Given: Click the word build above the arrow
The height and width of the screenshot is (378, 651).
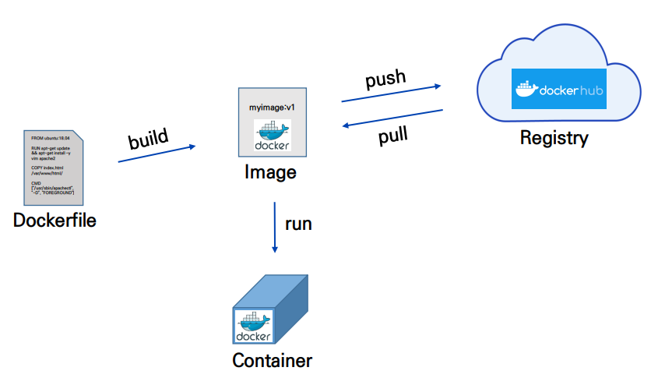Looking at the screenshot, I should tap(148, 139).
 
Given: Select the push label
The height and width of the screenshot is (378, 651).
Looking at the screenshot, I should tap(385, 79).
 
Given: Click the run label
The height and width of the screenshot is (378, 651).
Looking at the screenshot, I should tap(298, 224).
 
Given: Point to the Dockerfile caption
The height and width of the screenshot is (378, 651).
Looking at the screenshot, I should tap(55, 221).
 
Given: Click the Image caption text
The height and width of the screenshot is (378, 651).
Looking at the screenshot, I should tap(271, 171).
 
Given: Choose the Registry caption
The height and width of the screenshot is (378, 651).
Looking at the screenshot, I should tap(554, 139).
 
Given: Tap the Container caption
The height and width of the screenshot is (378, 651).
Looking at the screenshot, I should tap(272, 361).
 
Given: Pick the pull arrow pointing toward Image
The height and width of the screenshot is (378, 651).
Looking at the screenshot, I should tap(392, 120).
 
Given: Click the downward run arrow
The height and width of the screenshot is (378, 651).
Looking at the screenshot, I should tap(274, 226).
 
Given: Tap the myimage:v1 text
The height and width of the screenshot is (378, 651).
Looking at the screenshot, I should tap(271, 107).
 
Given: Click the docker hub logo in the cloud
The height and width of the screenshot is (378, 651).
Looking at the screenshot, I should tap(559, 89).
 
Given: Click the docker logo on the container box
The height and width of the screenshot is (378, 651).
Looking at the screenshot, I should tap(252, 326).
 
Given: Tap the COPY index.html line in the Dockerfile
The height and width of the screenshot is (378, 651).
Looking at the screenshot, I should tap(47, 168).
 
